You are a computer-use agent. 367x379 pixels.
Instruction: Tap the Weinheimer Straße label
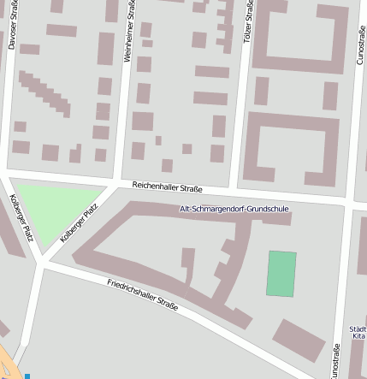(x=128, y=31)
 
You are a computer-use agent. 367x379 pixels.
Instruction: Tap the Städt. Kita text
(x=358, y=333)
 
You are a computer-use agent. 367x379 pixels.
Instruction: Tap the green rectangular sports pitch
(x=281, y=274)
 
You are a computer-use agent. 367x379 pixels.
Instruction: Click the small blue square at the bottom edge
(x=27, y=376)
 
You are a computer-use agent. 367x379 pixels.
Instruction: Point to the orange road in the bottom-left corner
(x=7, y=364)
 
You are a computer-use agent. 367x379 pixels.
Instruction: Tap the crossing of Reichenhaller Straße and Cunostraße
(x=349, y=201)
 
